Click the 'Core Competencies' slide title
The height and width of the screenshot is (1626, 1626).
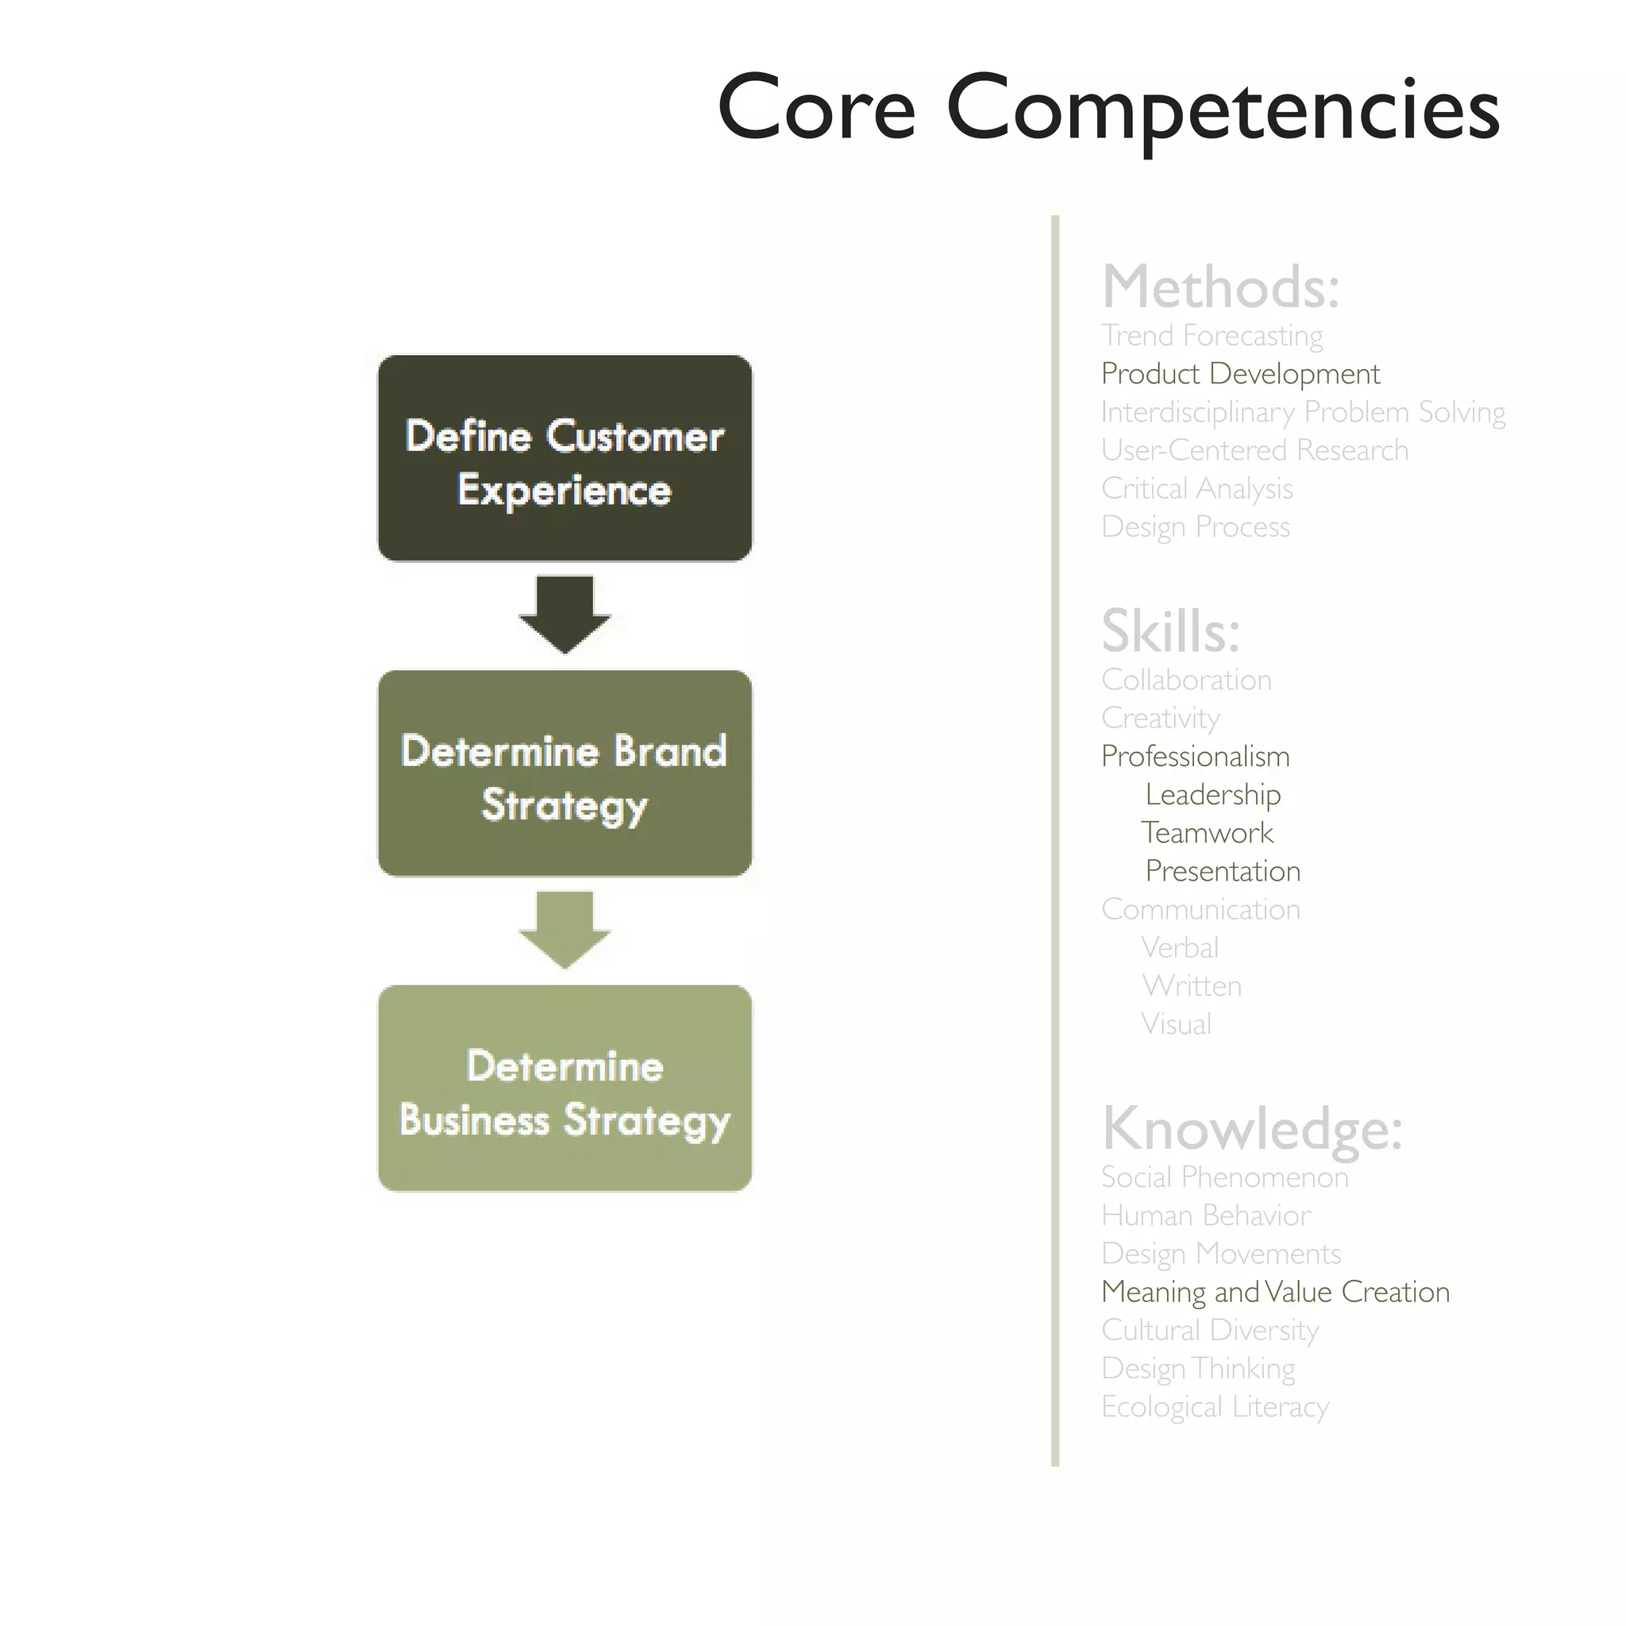(1108, 110)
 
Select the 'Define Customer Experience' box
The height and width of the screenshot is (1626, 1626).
(564, 458)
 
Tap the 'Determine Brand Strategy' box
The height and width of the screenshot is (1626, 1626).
(564, 773)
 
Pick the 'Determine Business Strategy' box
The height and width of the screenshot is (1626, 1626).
(564, 1088)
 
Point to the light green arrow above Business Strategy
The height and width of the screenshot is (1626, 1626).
(564, 929)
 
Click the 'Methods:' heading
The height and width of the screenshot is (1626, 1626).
(1219, 287)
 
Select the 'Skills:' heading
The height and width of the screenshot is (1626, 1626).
(1169, 631)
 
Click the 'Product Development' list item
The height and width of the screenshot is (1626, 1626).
(1241, 374)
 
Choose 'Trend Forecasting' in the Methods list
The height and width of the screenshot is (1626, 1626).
(1212, 336)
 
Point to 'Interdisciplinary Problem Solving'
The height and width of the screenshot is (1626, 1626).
(1303, 412)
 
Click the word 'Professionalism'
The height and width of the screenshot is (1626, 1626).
(1195, 757)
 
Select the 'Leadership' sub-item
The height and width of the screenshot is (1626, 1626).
(1213, 795)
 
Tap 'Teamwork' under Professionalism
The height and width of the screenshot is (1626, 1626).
(1207, 833)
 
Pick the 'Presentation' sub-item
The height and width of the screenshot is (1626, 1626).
(1223, 871)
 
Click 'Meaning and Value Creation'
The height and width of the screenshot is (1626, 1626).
(1275, 1292)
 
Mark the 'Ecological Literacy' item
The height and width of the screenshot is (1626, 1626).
(1215, 1406)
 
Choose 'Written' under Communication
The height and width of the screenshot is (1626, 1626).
(1192, 985)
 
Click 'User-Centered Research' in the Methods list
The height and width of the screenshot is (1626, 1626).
(1254, 450)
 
